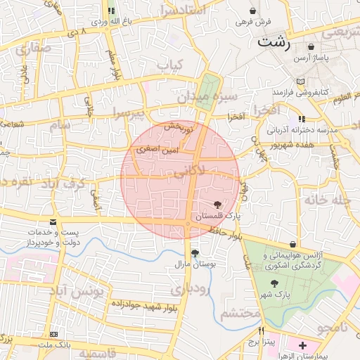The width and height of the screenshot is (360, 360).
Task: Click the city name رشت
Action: click(x=274, y=41)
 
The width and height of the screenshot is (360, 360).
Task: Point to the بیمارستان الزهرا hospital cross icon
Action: click(x=302, y=345)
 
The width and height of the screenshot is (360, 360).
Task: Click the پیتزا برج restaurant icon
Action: click(x=261, y=330)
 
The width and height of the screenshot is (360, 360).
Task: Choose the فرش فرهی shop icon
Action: click(x=253, y=11)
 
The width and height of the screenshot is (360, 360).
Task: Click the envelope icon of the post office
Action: click(x=53, y=221)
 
